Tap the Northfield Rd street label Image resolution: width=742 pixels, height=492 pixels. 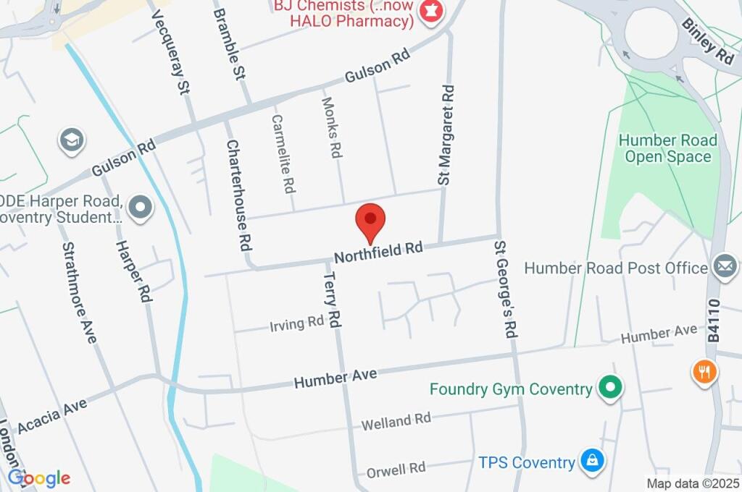click(378, 252)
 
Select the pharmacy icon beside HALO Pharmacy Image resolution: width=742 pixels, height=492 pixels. click(432, 12)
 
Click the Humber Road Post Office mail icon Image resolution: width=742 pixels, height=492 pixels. click(724, 267)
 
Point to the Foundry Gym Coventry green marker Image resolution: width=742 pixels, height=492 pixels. click(610, 389)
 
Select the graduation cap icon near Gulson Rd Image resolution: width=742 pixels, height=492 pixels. click(72, 141)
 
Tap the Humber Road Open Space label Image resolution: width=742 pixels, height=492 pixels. click(668, 148)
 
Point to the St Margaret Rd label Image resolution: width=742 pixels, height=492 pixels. click(446, 135)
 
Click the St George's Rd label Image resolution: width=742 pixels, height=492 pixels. click(506, 289)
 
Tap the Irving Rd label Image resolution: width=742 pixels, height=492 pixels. click(296, 323)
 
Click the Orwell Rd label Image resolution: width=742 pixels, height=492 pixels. click(395, 469)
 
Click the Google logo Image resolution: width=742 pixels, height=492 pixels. click(39, 478)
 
